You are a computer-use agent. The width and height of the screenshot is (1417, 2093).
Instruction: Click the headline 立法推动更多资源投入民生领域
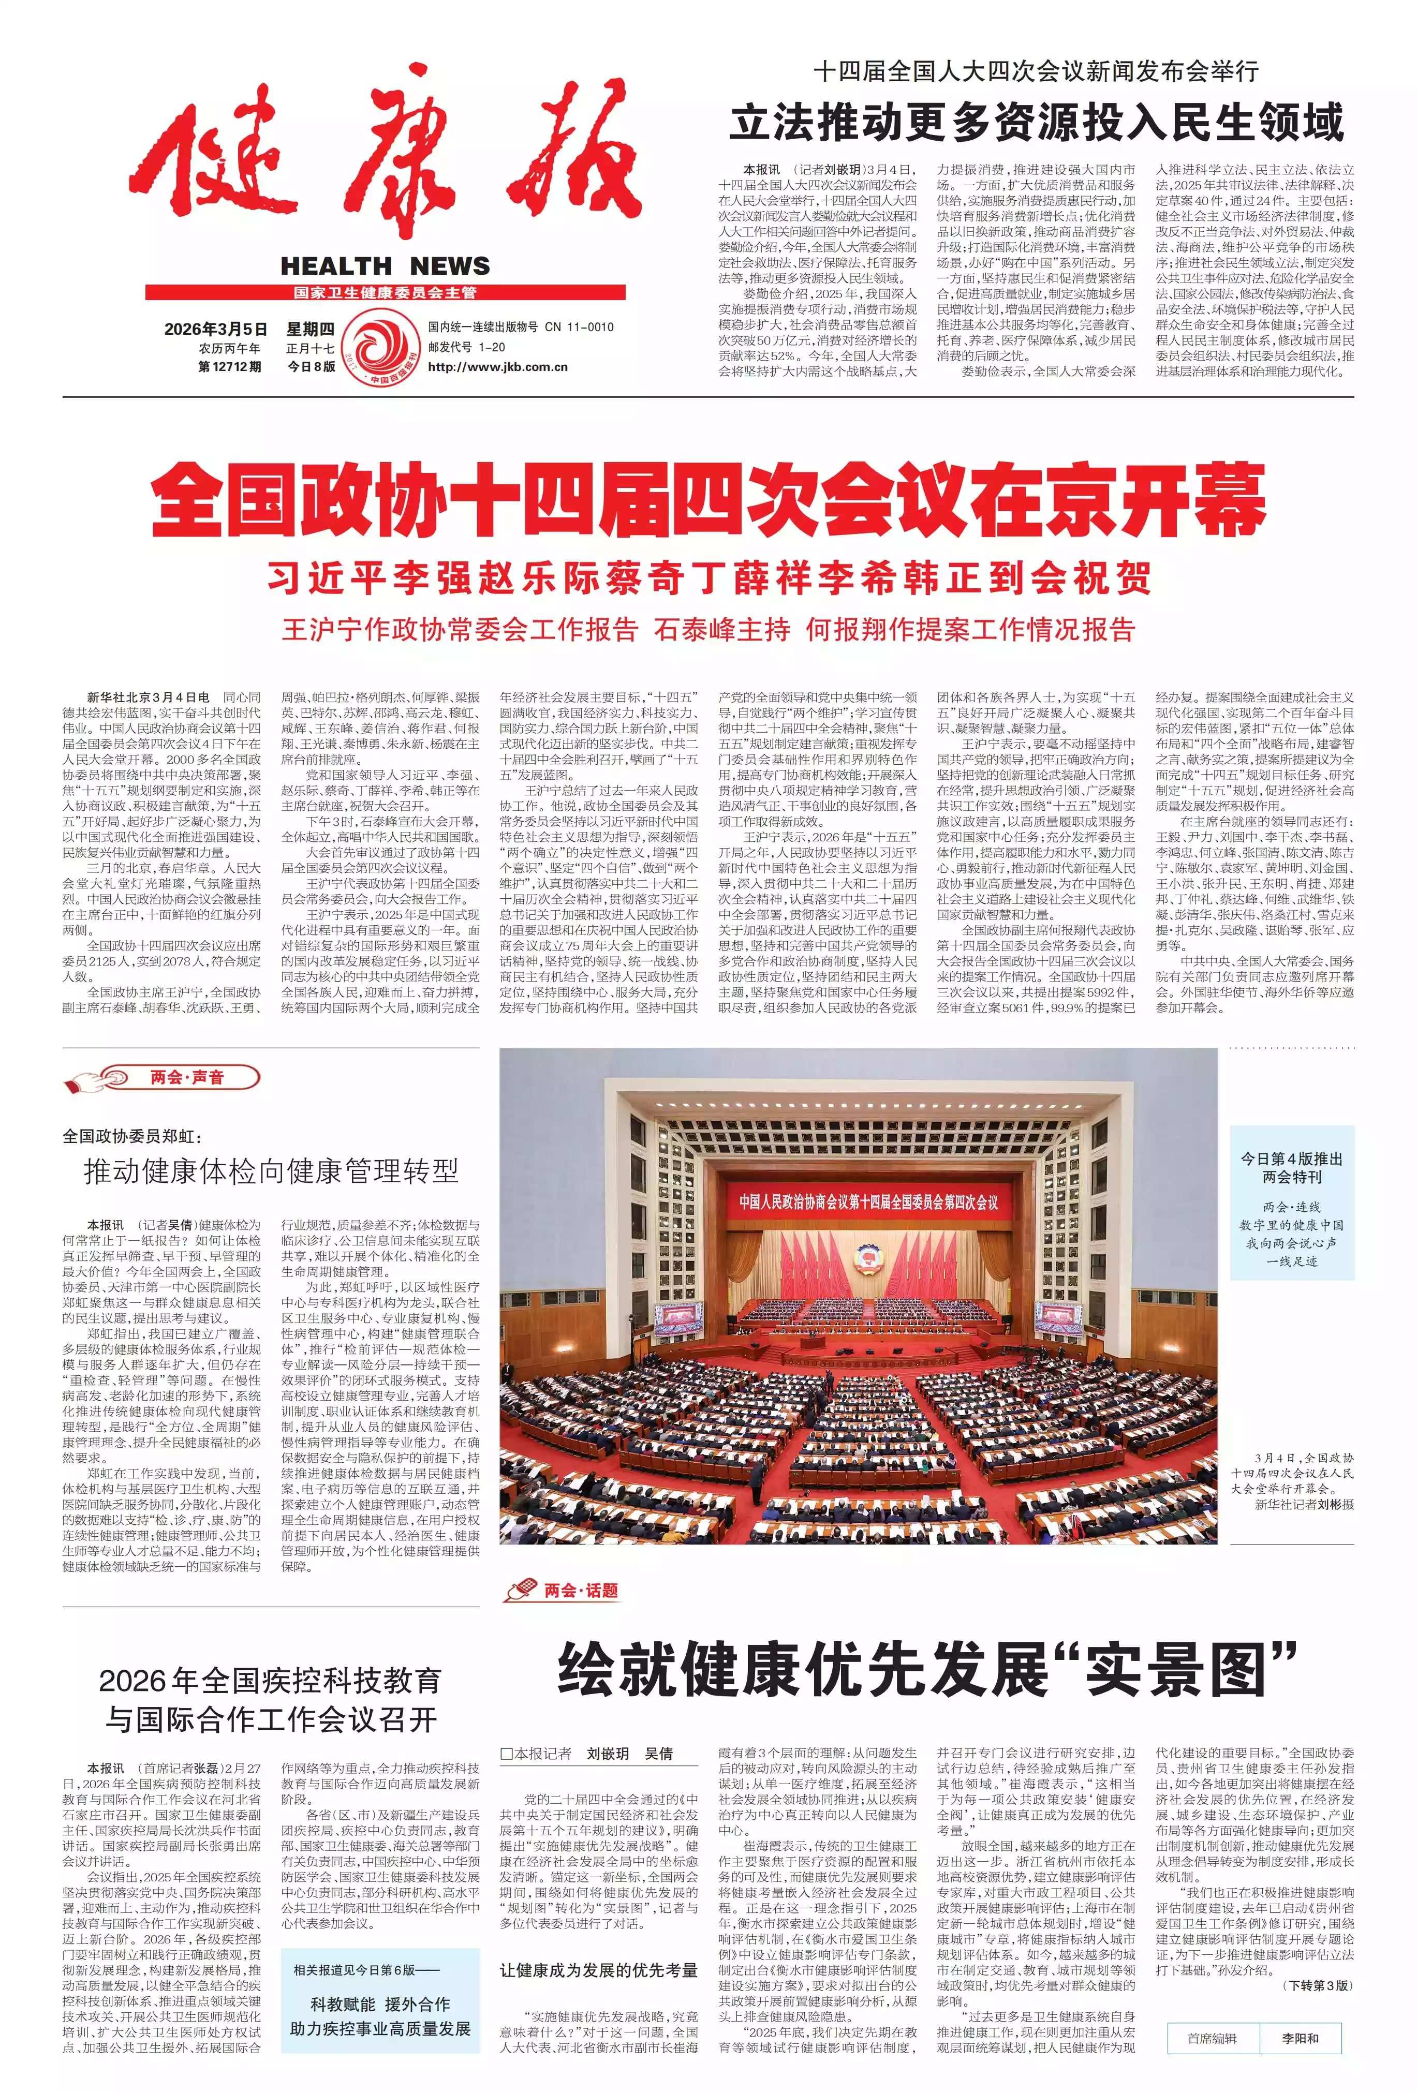1036,123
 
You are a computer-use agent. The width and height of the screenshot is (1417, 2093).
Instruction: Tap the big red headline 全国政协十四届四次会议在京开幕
708,501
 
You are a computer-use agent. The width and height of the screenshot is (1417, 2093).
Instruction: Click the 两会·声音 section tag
187,1077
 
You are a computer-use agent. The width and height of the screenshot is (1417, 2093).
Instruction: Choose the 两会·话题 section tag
581,1591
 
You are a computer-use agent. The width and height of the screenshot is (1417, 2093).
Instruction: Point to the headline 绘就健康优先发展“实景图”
928,1669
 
